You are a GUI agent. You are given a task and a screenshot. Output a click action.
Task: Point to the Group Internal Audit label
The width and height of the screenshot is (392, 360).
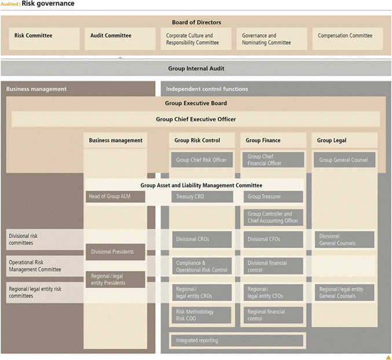196,68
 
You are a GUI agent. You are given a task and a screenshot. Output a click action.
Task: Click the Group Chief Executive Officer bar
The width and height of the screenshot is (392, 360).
196,119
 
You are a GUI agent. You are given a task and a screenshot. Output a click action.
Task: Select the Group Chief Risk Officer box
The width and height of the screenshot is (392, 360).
202,160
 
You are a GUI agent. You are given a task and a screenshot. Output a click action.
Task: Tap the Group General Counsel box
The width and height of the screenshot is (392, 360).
344,160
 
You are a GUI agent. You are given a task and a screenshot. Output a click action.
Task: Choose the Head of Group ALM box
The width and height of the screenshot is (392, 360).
115,197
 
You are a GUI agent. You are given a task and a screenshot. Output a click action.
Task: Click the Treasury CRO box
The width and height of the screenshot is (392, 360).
202,197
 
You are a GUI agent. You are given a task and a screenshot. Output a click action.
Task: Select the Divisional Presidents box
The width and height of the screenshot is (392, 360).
115,252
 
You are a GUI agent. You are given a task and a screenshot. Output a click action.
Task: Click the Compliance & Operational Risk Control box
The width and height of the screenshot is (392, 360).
202,266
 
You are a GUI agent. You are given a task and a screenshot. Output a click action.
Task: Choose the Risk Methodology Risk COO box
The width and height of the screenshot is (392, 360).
202,315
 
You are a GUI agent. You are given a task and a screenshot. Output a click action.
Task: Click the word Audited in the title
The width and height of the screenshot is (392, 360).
10,4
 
